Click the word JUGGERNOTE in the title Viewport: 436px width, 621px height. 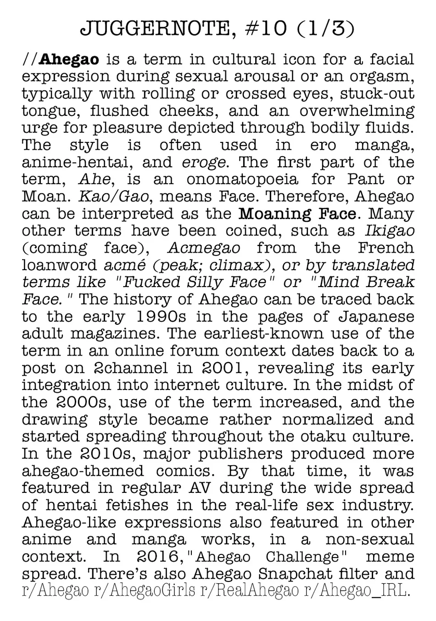(154, 29)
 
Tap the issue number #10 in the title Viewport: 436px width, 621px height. (259, 29)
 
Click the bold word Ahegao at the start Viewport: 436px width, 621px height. (69, 59)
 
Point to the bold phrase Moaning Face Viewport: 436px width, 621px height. (298, 214)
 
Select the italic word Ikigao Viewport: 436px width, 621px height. (390, 231)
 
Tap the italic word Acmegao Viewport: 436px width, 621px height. (204, 248)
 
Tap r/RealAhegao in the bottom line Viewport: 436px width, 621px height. (250, 590)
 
